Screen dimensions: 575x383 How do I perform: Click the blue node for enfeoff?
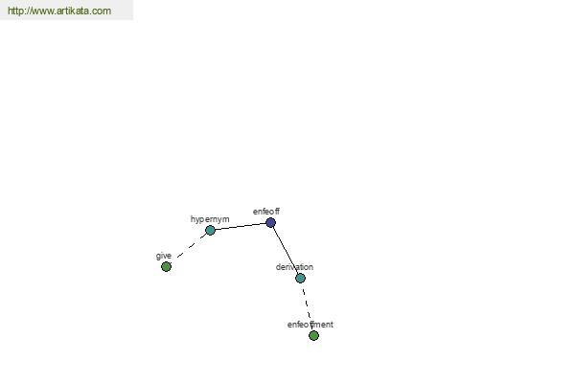(270, 222)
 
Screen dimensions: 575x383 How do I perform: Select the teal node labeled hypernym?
(210, 230)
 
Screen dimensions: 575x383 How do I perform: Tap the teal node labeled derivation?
(300, 279)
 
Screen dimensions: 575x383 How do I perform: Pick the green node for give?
(166, 267)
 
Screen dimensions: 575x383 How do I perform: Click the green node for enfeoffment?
(313, 335)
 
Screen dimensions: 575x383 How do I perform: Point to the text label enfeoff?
(266, 212)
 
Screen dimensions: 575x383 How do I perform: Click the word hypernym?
(210, 219)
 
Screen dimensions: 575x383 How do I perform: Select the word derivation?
(294, 267)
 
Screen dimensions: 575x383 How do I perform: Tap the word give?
(164, 256)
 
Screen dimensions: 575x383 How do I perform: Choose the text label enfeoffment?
(310, 325)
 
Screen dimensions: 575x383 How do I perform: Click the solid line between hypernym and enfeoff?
(241, 227)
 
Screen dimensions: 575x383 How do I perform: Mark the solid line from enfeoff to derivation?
(286, 250)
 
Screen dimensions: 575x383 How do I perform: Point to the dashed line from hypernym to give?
(189, 247)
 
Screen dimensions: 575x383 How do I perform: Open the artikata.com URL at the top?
(59, 11)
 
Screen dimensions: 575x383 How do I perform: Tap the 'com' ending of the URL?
(102, 11)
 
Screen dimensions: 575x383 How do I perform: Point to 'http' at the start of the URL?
(15, 11)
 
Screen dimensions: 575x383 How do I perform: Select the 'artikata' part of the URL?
(73, 11)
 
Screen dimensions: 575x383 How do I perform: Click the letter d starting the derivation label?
(278, 267)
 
